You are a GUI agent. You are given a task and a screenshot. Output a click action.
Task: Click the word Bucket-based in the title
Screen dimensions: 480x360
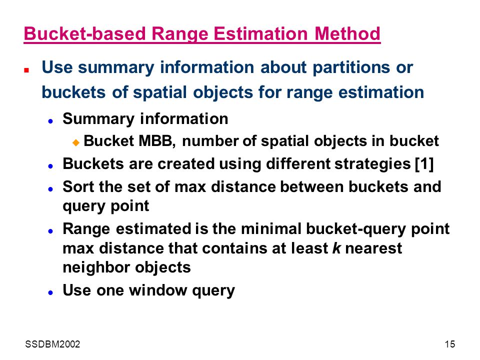point(85,33)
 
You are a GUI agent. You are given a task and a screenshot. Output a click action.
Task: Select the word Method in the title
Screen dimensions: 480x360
point(347,33)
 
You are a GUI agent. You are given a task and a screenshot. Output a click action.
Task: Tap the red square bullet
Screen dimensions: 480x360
point(26,70)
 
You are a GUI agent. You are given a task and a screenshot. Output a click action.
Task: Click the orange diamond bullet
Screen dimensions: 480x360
point(76,142)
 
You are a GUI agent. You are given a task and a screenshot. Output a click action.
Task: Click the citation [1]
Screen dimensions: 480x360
point(424,164)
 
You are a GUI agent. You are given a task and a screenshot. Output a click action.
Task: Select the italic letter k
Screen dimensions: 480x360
point(336,248)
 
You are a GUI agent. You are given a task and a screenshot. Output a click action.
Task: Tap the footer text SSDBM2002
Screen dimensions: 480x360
point(52,344)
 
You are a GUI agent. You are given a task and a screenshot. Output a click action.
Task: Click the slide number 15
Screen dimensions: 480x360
point(449,344)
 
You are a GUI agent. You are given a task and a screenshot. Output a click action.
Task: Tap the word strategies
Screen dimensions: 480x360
point(372,164)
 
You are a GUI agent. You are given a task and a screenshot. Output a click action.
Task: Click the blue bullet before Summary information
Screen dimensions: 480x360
point(51,121)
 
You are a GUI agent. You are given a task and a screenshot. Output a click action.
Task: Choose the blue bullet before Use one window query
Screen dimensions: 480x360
point(51,292)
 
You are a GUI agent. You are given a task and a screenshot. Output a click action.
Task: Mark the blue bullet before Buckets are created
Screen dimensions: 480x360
point(51,166)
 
